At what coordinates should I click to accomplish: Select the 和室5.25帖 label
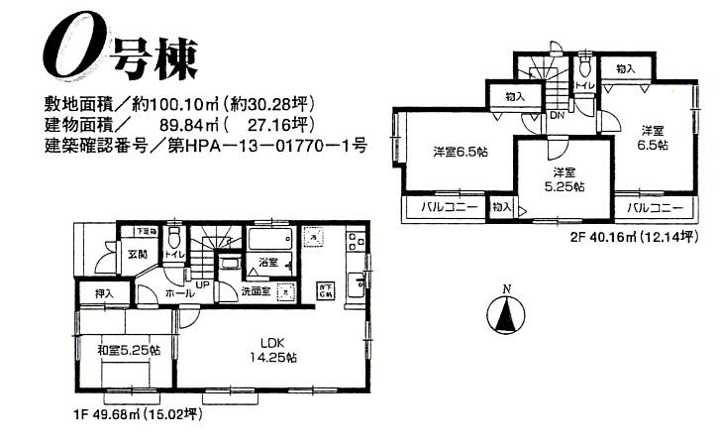[127, 348]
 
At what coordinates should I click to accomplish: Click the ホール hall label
[179, 294]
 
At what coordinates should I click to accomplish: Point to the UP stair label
[202, 284]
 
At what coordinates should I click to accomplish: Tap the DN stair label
[557, 116]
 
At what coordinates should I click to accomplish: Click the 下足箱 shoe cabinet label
[147, 231]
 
